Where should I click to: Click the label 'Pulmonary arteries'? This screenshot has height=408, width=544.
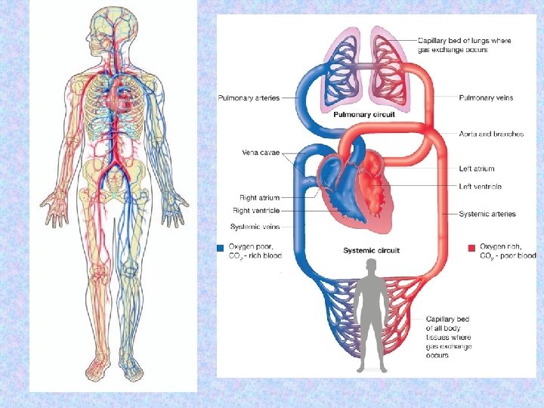pos(249,97)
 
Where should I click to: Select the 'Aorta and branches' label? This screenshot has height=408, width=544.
pos(491,134)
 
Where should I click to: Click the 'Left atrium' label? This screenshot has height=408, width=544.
pos(477,168)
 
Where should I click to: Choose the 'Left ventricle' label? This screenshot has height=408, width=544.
pos(480,187)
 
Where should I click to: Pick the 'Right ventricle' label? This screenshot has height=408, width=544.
pos(256,210)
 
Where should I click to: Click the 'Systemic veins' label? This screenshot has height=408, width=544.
pos(255,227)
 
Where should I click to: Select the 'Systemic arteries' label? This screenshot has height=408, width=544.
pos(487,214)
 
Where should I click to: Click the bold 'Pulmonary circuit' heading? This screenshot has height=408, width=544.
pos(363,114)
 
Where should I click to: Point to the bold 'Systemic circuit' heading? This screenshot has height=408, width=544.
pos(371,250)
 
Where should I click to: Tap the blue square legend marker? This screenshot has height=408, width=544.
pos(220,247)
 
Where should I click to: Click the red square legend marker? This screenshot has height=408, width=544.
pos(471,247)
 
